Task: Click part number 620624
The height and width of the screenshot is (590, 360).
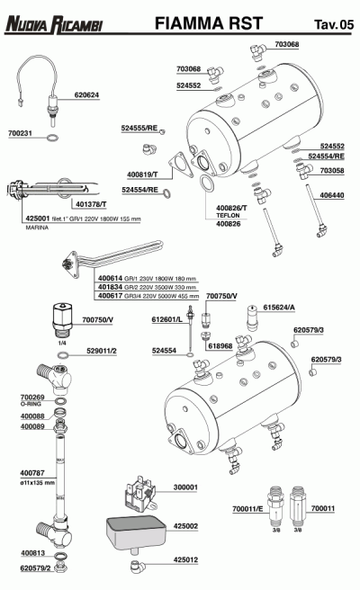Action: (x=86, y=94)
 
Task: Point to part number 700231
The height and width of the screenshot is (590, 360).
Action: (x=21, y=133)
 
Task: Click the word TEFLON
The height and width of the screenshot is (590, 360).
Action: (x=227, y=216)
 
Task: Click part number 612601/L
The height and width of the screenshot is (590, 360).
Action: (x=166, y=318)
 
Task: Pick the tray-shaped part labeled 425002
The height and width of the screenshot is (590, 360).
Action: (x=135, y=532)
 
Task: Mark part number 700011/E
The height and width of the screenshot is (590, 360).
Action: (x=246, y=510)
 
